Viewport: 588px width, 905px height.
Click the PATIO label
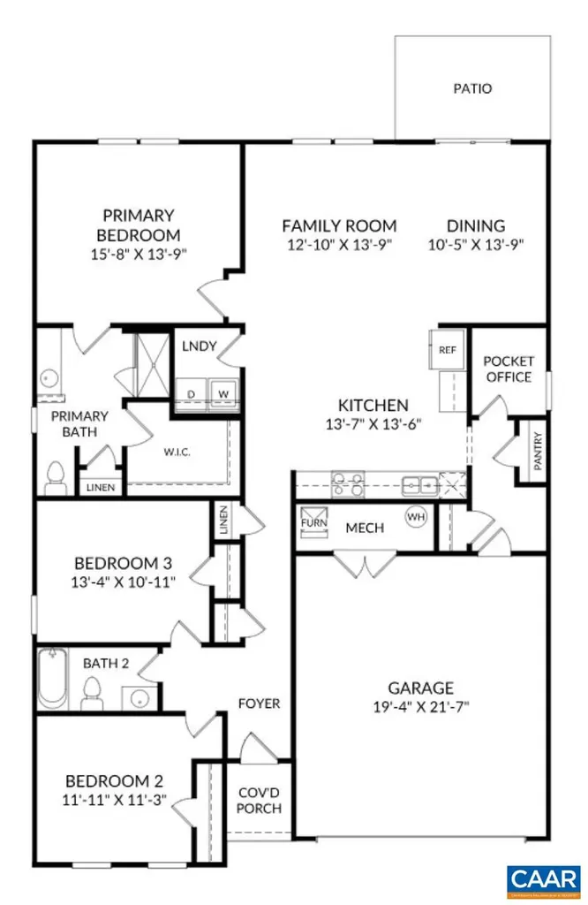coord(472,88)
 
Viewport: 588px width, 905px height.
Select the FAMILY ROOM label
coord(339,225)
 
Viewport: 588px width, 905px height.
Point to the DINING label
coord(475,225)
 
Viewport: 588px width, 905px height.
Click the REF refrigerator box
coord(447,350)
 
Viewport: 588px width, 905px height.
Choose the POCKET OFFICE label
coord(508,369)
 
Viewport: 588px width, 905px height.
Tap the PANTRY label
coord(537,450)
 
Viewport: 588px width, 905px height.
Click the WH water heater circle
coord(414,515)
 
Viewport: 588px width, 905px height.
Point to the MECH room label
coord(364,528)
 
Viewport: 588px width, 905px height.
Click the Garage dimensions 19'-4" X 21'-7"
coord(420,707)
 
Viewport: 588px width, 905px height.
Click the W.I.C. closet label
coord(177,452)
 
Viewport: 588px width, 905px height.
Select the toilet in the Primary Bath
coord(56,477)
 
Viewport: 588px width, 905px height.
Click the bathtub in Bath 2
coord(53,678)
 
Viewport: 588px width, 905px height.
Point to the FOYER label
coord(259,703)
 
